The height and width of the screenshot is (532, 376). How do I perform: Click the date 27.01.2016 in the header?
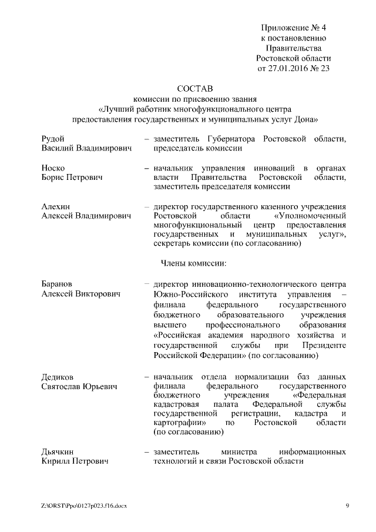(x=290, y=68)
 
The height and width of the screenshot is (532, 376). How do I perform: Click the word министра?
(x=239, y=452)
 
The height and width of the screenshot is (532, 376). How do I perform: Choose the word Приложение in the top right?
(x=284, y=28)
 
